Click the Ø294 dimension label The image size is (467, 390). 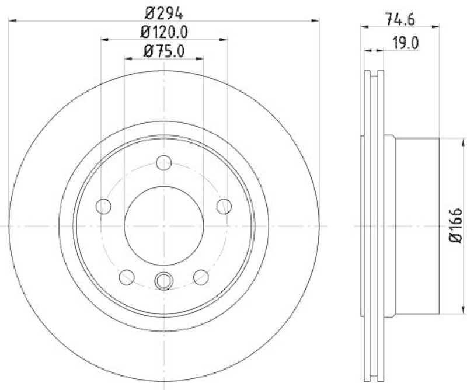163,11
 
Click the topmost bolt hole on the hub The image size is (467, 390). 164,162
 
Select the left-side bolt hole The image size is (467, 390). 103,206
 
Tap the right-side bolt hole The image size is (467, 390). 224,206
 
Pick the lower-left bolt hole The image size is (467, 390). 127,276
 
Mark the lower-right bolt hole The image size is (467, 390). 201,276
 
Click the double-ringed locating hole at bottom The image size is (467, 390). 164,281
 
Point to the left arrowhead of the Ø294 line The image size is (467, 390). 12,20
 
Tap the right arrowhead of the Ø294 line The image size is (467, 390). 316,20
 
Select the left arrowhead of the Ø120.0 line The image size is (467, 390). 105,40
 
